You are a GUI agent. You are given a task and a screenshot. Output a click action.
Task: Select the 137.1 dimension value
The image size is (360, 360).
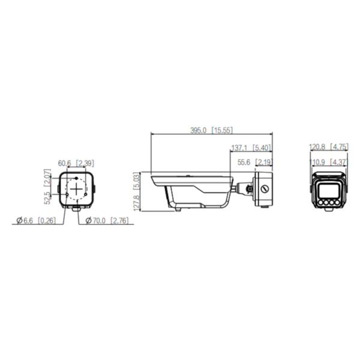(239, 147)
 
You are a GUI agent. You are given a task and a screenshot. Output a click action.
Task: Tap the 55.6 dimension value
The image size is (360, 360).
(244, 162)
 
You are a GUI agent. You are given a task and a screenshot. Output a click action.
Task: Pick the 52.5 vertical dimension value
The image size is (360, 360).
(47, 197)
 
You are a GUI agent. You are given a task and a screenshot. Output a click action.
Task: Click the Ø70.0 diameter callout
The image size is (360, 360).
(97, 221)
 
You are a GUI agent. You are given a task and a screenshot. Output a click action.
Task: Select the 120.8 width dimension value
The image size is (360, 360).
(318, 147)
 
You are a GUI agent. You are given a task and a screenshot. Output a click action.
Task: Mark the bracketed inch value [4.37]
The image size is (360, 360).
(339, 162)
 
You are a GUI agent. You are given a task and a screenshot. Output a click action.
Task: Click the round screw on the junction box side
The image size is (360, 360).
(265, 188)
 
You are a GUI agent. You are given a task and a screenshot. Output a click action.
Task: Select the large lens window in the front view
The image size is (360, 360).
(328, 191)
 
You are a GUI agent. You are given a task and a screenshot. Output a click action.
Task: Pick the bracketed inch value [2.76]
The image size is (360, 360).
(121, 221)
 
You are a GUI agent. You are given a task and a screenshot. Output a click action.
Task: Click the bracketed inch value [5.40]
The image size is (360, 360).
(262, 147)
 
